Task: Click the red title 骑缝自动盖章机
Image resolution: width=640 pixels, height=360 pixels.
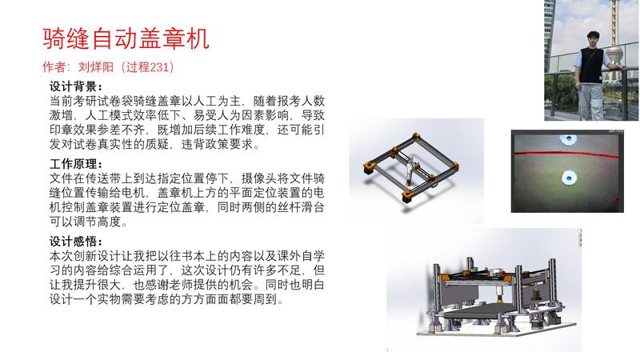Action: click(x=126, y=38)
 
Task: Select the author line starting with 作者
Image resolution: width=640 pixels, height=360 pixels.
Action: click(x=108, y=66)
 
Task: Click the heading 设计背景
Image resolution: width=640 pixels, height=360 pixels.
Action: click(x=75, y=86)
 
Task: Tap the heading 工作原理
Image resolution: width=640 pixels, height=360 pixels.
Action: click(x=75, y=164)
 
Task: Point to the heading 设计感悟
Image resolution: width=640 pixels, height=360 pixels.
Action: click(x=75, y=242)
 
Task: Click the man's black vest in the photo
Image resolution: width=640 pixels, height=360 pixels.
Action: click(x=591, y=66)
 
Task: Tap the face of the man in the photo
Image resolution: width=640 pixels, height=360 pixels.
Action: click(x=593, y=40)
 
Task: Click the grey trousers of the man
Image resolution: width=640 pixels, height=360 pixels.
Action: click(x=590, y=102)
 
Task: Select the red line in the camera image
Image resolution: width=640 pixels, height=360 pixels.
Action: click(x=567, y=154)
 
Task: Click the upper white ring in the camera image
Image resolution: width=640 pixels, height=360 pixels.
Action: click(x=568, y=139)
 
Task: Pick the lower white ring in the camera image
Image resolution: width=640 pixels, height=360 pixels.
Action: click(x=569, y=177)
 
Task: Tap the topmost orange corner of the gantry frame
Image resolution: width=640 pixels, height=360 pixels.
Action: click(x=415, y=136)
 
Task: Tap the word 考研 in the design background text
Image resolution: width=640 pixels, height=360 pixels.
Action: click(x=86, y=101)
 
